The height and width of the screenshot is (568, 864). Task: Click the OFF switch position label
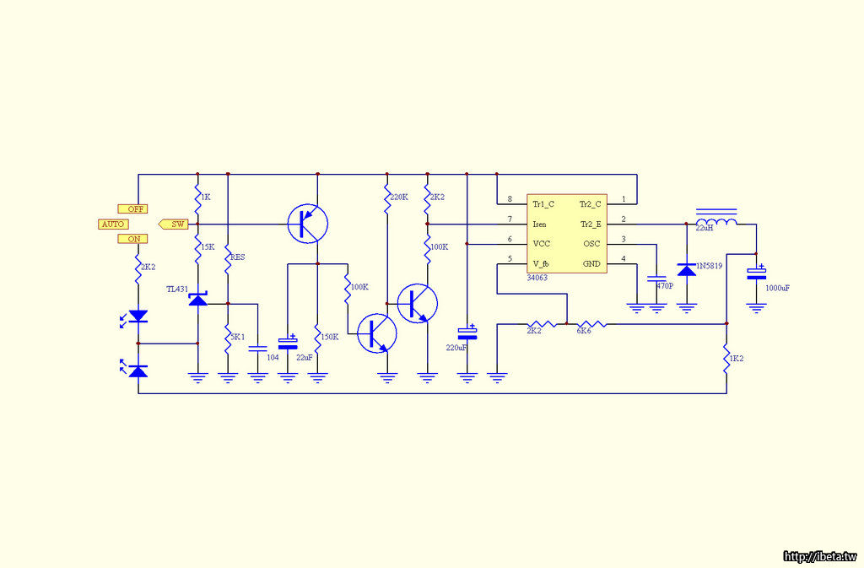[132, 208]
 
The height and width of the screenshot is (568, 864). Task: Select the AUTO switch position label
[113, 224]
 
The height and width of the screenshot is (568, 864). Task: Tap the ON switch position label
[132, 239]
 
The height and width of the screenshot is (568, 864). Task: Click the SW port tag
[175, 224]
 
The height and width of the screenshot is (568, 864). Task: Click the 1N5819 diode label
[709, 267]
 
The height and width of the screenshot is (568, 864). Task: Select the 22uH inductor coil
[715, 222]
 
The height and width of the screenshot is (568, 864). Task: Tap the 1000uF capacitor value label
[778, 288]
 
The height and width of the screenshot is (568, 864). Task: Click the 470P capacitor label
[665, 286]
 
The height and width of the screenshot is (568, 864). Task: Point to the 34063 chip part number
[537, 277]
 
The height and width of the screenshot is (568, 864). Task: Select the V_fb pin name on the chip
[542, 264]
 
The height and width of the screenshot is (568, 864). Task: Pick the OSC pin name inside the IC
[591, 244]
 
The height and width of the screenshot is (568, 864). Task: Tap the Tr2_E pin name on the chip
[591, 224]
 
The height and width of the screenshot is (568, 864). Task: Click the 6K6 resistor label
[584, 331]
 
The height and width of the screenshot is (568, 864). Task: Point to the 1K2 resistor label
[736, 359]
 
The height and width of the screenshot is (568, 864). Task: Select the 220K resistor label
[399, 197]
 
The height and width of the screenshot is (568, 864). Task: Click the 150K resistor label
[330, 337]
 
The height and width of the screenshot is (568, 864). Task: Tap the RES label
[237, 257]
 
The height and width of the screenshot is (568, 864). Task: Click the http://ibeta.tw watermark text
[820, 556]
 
